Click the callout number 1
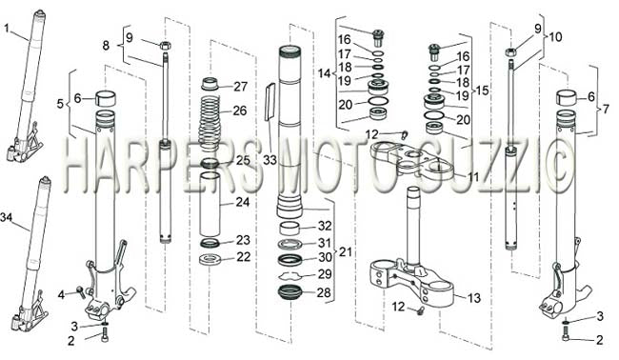(7, 28)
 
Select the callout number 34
(7, 217)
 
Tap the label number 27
(240, 87)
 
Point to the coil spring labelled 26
(210, 122)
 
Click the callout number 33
(270, 160)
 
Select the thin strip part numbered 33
(270, 102)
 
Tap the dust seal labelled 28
(290, 292)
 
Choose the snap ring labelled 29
(290, 274)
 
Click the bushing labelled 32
(290, 229)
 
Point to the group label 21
(346, 251)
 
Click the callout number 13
(473, 298)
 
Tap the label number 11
(473, 176)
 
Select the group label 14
(325, 73)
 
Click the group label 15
(482, 90)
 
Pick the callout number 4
(61, 295)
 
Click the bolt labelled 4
(81, 292)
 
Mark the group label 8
(106, 46)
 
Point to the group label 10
(554, 37)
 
